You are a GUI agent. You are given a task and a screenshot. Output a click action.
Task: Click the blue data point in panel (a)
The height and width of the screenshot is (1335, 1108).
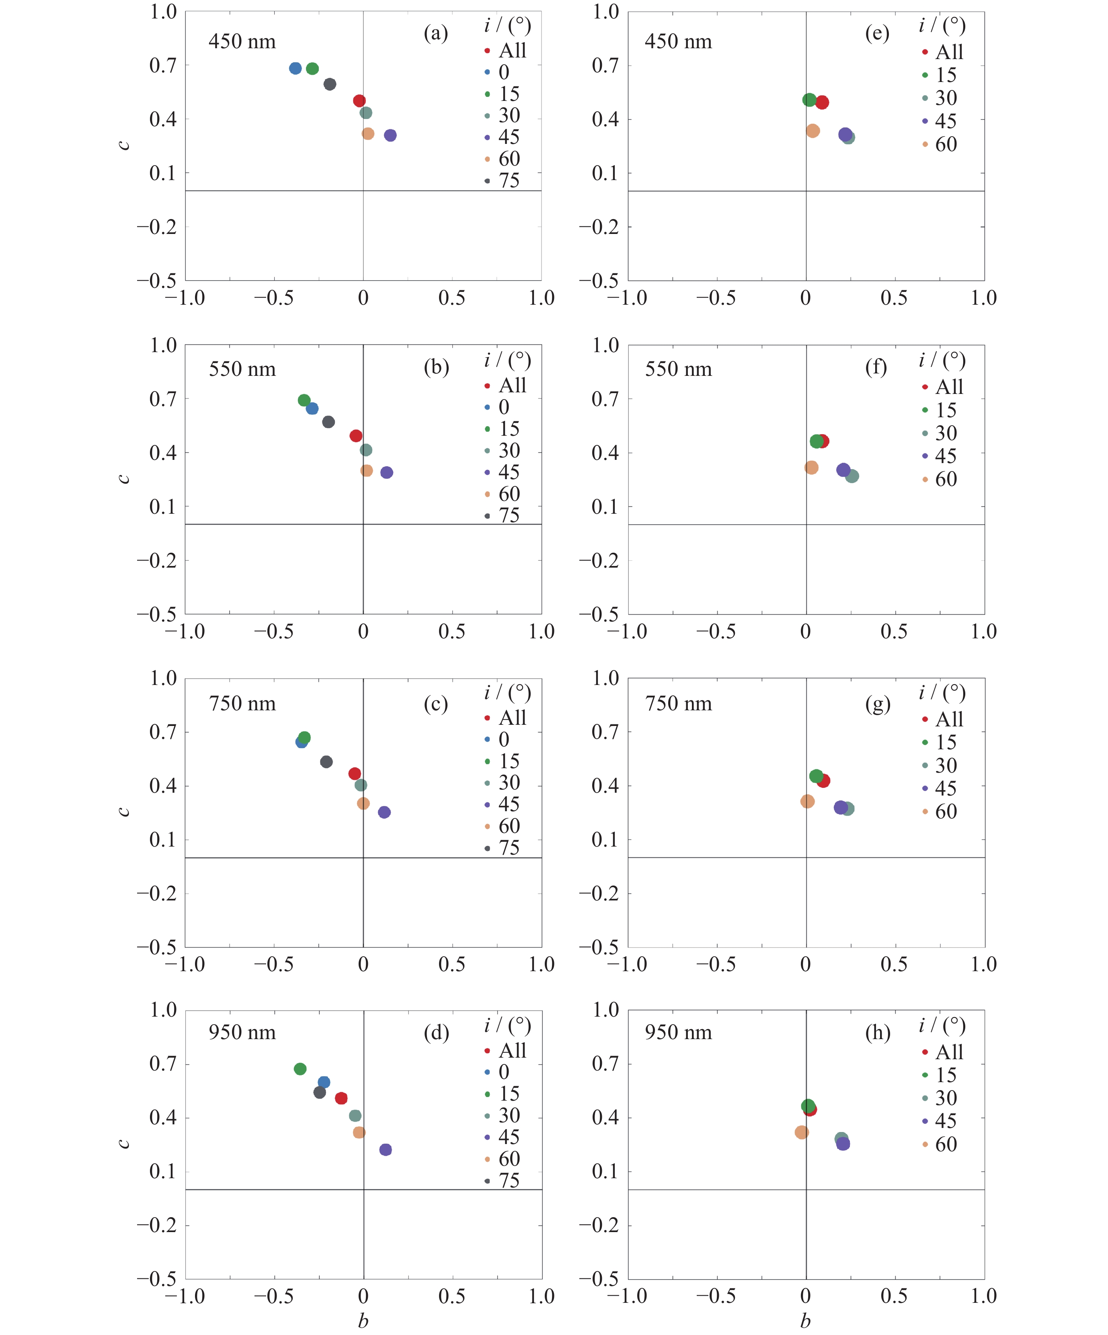pyautogui.click(x=295, y=68)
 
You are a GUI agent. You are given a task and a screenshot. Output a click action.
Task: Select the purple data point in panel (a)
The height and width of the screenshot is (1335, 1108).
pyautogui.click(x=390, y=135)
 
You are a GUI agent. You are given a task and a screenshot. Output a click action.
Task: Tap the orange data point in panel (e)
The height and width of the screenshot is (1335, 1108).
pyautogui.click(x=813, y=131)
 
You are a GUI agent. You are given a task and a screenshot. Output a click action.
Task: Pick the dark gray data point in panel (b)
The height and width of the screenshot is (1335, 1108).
pyautogui.click(x=328, y=421)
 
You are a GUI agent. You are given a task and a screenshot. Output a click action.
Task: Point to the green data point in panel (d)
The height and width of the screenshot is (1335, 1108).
pyautogui.click(x=300, y=1068)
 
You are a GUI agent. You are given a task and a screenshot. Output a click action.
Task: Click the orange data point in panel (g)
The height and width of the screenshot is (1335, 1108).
pyautogui.click(x=807, y=801)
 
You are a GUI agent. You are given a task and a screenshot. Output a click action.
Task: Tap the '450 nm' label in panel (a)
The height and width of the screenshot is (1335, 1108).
pyautogui.click(x=242, y=42)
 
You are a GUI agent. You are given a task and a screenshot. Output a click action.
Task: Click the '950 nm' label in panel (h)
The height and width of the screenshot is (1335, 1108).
pyautogui.click(x=678, y=1032)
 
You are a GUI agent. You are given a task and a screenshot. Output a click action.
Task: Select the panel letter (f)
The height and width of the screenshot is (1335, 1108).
pyautogui.click(x=876, y=367)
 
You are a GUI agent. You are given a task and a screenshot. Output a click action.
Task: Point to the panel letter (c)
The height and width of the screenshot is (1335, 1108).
pyautogui.click(x=435, y=704)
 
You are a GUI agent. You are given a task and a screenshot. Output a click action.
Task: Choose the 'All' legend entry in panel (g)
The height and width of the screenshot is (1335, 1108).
pyautogui.click(x=949, y=719)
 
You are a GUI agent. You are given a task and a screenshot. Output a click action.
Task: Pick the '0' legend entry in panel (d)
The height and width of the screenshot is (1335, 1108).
pyautogui.click(x=503, y=1072)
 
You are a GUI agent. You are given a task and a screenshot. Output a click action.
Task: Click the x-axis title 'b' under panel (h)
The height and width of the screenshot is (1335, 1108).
pyautogui.click(x=805, y=1321)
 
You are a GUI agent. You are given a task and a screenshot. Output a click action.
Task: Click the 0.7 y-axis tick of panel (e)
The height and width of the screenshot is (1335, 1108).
pyautogui.click(x=605, y=65)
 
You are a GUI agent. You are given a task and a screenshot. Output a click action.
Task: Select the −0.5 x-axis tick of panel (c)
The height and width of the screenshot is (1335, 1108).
pyautogui.click(x=274, y=964)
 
